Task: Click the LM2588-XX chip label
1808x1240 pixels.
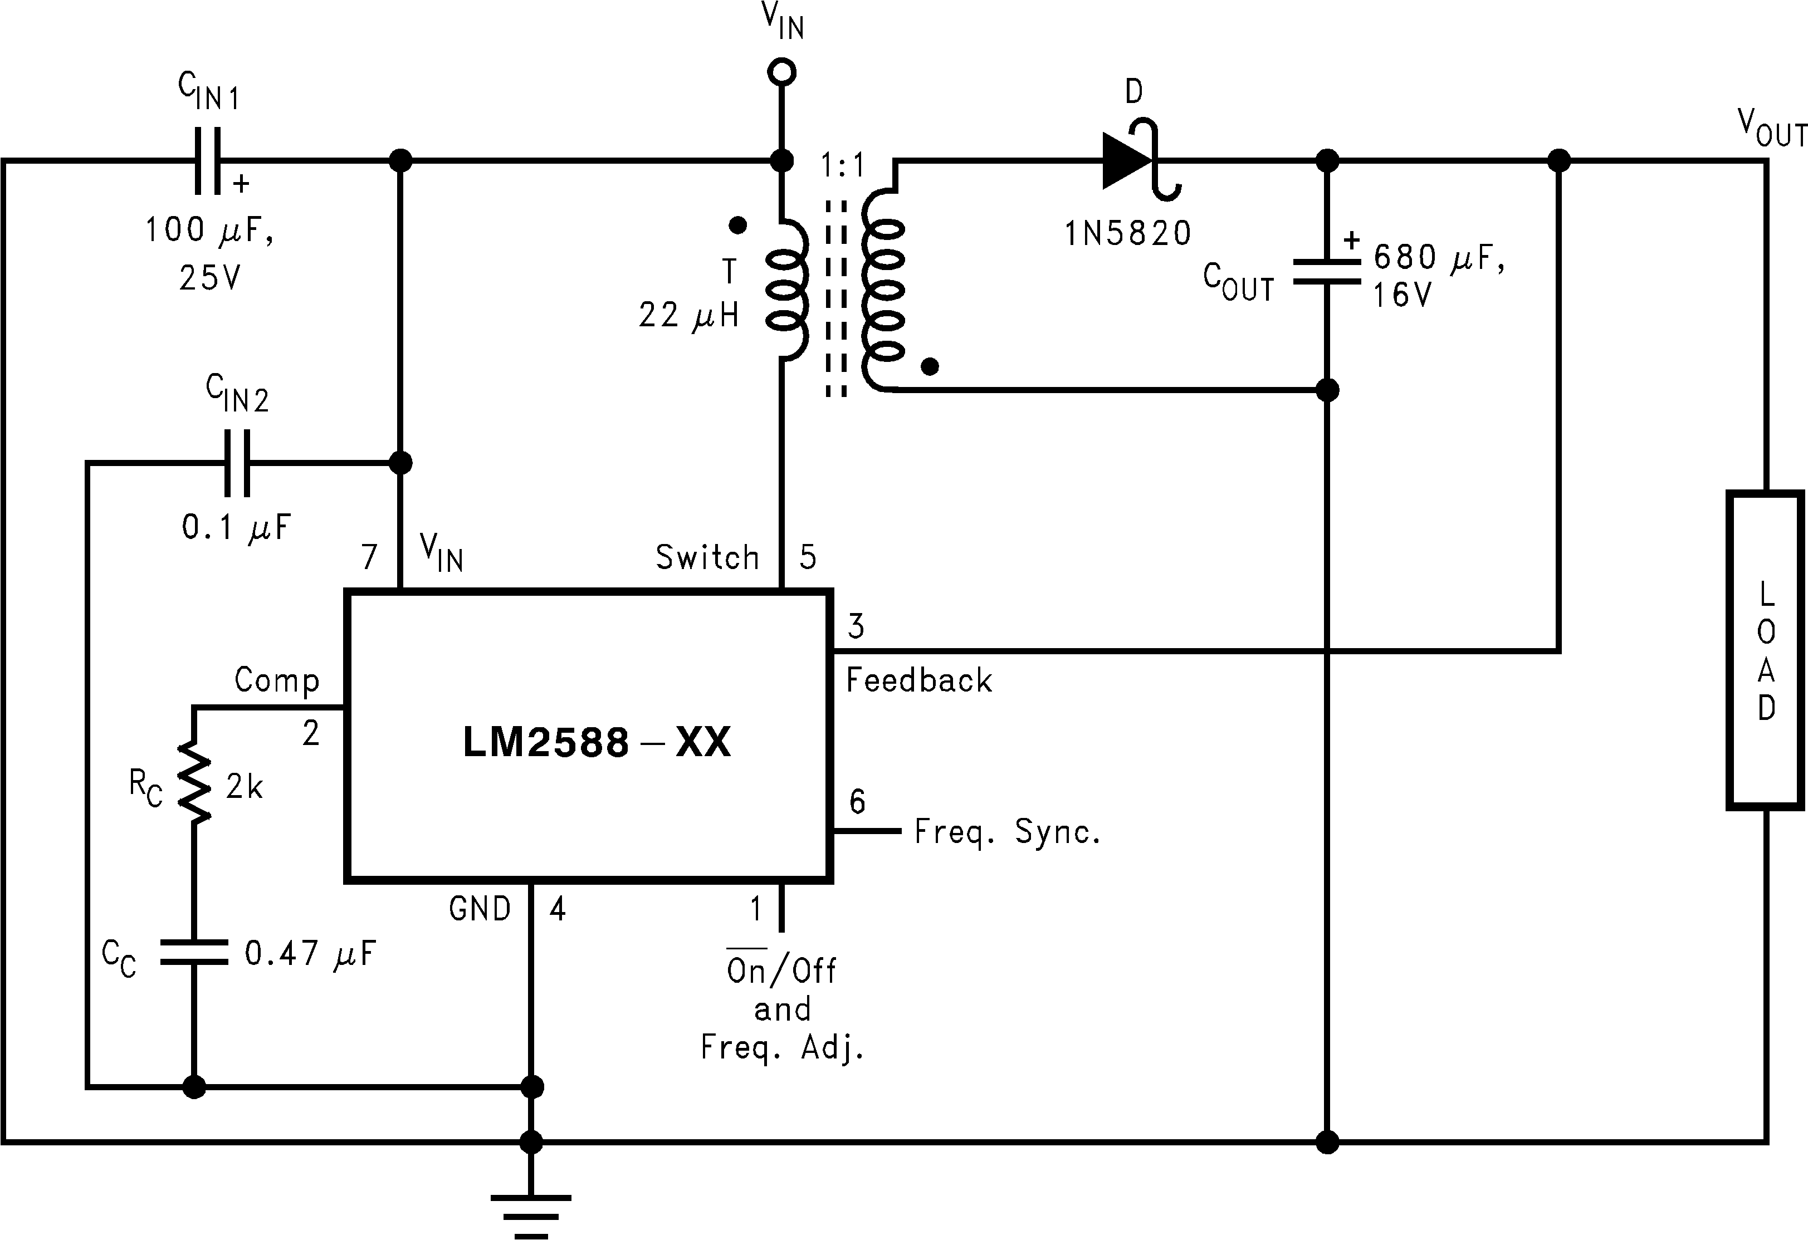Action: point(597,742)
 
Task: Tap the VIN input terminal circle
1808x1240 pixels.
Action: point(781,72)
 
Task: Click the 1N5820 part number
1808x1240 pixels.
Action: point(1127,233)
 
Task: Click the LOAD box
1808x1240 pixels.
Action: point(1765,650)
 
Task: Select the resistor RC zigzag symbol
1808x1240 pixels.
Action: point(194,782)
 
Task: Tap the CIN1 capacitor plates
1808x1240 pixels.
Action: point(208,161)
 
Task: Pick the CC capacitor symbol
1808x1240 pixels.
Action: point(194,952)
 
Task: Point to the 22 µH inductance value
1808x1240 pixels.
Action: point(688,315)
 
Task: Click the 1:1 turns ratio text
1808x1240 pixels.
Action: point(843,166)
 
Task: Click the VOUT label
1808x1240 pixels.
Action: point(1771,129)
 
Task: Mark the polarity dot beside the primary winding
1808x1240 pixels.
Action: point(737,226)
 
